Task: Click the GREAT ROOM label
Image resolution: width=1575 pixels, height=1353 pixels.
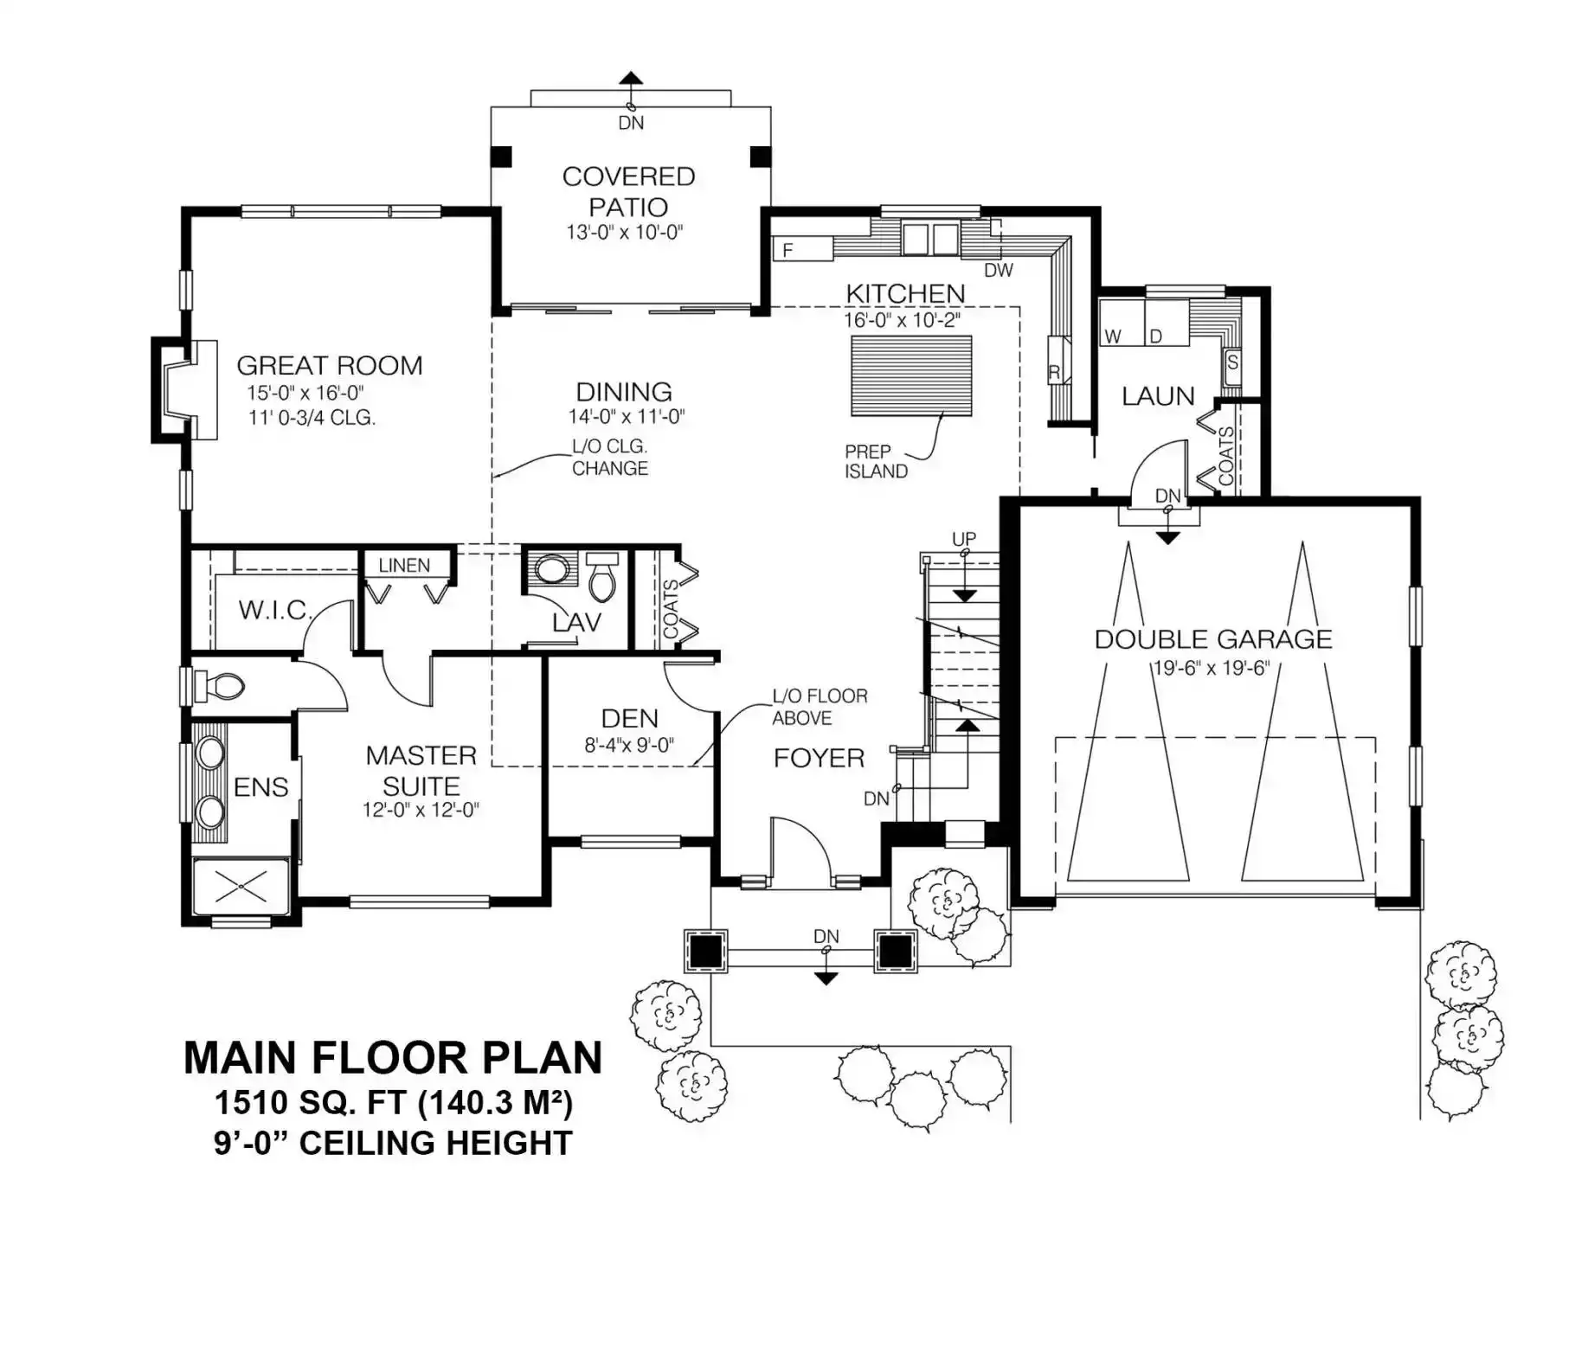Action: [330, 366]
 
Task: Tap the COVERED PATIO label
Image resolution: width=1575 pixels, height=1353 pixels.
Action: [629, 191]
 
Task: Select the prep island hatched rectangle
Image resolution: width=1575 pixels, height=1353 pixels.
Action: [911, 375]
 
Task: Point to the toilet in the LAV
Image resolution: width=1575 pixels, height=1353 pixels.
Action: [604, 577]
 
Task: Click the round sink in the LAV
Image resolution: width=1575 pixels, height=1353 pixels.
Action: [552, 570]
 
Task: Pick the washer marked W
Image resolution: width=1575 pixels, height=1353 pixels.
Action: [1122, 322]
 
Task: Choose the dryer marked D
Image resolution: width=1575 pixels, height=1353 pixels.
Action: [1167, 322]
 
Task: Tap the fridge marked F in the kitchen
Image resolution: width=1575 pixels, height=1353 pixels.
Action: [802, 249]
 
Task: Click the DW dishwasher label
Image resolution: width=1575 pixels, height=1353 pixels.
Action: [999, 270]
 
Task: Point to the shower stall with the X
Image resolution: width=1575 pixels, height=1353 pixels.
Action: [241, 886]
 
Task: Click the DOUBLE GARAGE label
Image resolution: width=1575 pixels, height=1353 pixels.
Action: [1213, 639]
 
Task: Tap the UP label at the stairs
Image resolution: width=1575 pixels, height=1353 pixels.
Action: [964, 539]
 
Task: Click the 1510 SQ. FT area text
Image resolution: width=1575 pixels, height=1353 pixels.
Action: [394, 1103]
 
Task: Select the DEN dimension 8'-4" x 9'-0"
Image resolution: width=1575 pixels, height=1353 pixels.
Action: [629, 745]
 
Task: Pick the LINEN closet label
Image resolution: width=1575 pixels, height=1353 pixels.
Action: [404, 565]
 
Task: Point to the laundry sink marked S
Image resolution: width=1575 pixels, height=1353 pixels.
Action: [1232, 362]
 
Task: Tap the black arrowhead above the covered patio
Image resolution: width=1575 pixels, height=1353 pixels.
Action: [631, 76]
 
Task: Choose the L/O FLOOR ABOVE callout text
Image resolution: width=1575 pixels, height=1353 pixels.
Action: [820, 707]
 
